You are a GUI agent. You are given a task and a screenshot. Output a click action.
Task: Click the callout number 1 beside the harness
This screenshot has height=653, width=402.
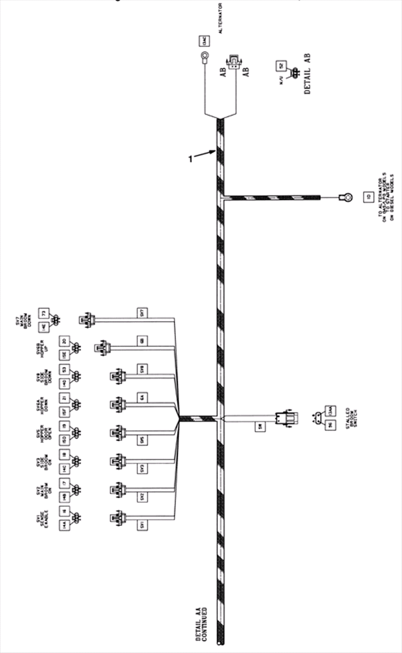tap(190, 159)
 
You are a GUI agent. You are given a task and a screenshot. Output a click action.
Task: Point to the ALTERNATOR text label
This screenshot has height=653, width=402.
tap(220, 19)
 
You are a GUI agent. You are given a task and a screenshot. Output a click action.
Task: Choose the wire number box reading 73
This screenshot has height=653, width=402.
tap(44, 313)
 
